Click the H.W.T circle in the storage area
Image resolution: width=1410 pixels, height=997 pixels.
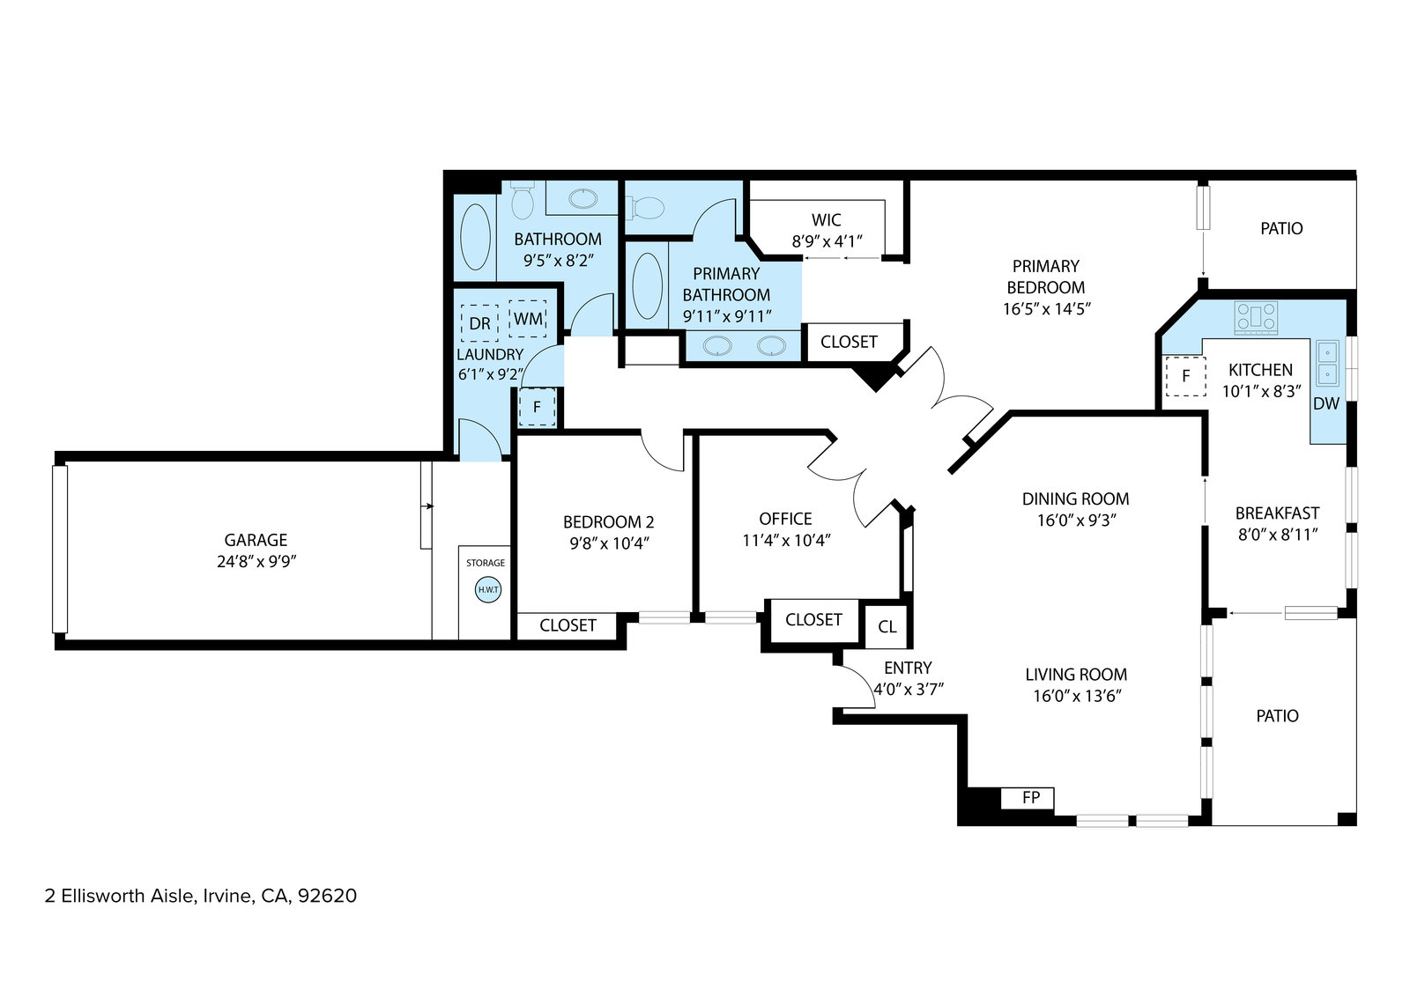tap(488, 590)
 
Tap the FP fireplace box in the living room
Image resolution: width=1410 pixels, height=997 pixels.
tap(1028, 799)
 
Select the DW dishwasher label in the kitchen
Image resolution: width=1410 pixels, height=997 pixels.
tap(1326, 404)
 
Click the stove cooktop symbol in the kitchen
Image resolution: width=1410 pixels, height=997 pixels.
tap(1256, 318)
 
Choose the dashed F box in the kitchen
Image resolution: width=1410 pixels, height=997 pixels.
tap(1186, 376)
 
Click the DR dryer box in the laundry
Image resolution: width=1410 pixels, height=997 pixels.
tap(479, 323)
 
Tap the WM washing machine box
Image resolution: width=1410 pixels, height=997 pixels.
tap(528, 319)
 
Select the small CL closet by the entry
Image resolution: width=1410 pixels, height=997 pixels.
tap(887, 626)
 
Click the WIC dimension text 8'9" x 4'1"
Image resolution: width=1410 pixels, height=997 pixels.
tap(827, 241)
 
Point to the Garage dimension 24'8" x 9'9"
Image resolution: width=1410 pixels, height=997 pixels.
tap(256, 561)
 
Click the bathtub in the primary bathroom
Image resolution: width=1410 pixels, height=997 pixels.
tap(647, 285)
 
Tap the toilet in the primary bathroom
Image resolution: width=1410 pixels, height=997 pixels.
tap(645, 208)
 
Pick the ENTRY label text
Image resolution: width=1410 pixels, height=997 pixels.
tap(908, 668)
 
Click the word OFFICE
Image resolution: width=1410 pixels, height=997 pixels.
tap(785, 519)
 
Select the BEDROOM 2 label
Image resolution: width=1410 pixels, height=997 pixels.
tap(608, 522)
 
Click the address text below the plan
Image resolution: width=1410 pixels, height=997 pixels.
tap(200, 896)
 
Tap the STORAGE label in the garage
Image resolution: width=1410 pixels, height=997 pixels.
tap(486, 563)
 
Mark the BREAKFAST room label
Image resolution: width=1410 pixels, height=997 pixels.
tap(1277, 513)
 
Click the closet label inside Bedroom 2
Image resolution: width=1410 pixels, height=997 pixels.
tap(568, 625)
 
